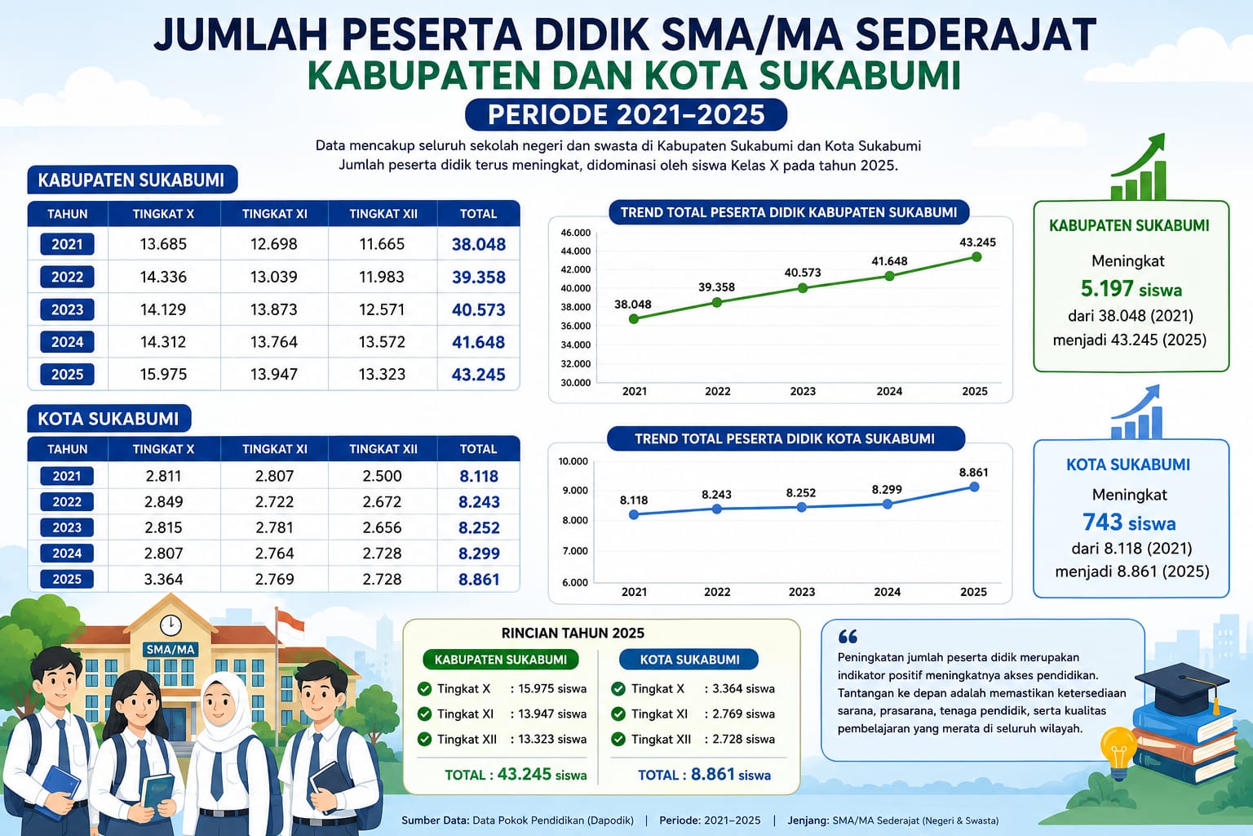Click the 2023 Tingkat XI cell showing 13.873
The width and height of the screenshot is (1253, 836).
coord(273,309)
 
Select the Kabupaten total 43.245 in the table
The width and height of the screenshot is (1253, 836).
coord(478,375)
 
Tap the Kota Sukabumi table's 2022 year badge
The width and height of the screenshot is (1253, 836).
coord(67,502)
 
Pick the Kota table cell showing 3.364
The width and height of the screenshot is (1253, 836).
coord(163,579)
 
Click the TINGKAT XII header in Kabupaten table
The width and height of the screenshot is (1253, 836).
coord(383,214)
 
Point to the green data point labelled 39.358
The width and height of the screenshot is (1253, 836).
coord(716,302)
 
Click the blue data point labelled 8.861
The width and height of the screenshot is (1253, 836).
coord(974,487)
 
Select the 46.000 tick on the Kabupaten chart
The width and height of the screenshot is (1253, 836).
coord(576,233)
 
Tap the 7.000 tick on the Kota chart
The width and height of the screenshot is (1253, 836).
coord(575,551)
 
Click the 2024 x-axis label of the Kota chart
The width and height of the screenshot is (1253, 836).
coord(888,592)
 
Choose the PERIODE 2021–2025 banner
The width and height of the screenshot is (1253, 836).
coord(626,115)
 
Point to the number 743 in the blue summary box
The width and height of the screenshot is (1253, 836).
coord(1103,522)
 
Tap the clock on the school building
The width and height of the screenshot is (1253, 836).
coord(170,625)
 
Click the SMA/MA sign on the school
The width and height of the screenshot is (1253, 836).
coord(170,650)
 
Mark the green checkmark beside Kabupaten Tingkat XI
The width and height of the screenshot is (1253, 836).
coord(424,714)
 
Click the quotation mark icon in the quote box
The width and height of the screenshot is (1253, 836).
coord(848,637)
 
